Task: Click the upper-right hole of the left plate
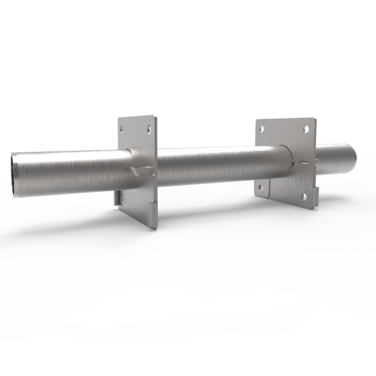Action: coord(149,128)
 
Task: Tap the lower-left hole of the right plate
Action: coord(261,188)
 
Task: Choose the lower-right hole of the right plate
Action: coord(303,197)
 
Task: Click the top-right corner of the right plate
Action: coord(315,120)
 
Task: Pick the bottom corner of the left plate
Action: coord(154,228)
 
